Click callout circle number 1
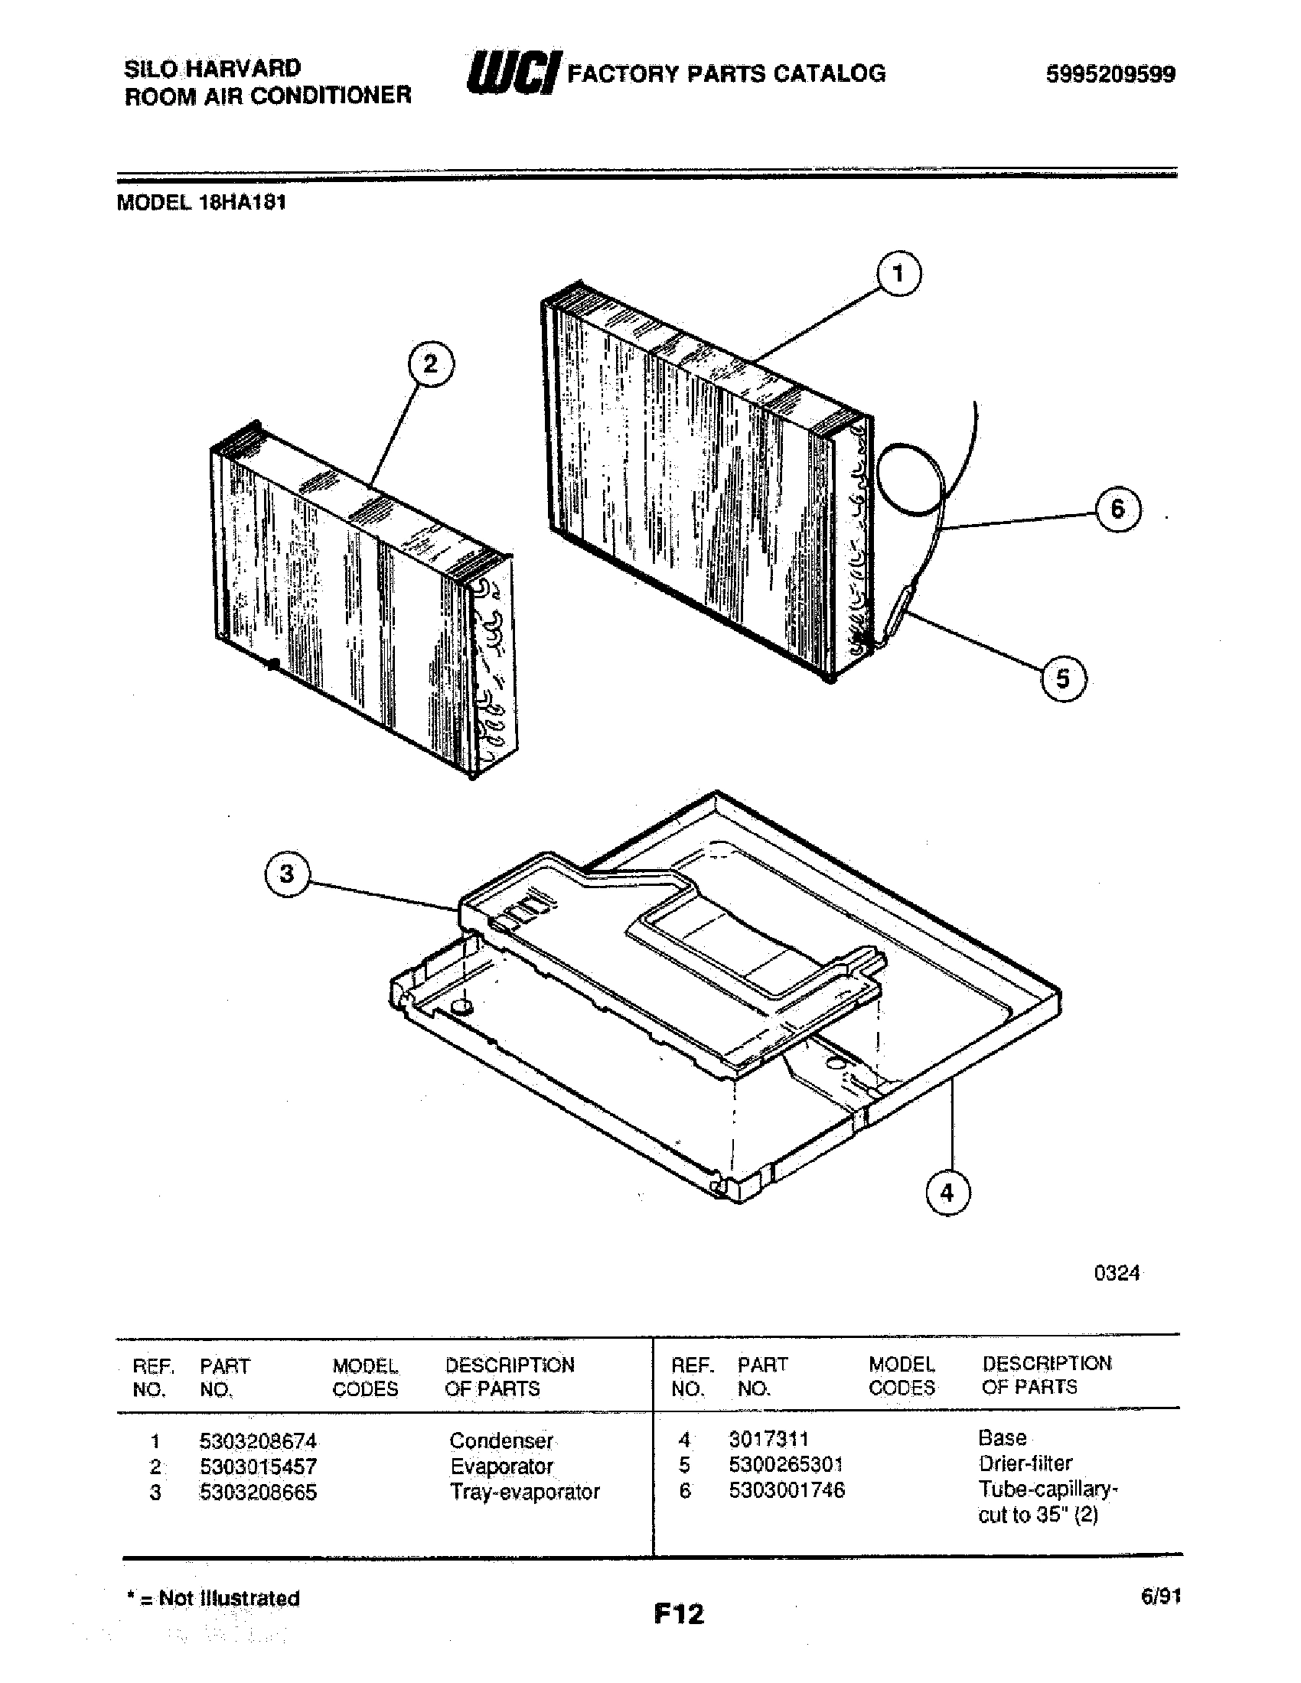898,275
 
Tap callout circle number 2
430,363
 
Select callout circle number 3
287,874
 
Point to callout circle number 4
947,1193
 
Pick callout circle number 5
1063,679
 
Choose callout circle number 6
1117,509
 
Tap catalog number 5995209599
1110,75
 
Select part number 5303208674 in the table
258,1441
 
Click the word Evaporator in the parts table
502,1467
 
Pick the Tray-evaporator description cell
525,1493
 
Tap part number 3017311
768,1439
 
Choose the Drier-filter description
1025,1463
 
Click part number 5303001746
787,1491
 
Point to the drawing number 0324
1117,1273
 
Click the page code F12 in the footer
679,1613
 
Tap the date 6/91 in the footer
1161,1597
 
